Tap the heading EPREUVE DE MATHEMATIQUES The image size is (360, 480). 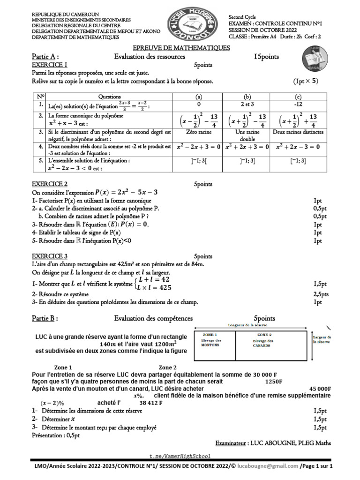(181, 48)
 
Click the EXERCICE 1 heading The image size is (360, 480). (49, 65)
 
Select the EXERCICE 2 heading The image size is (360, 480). (49, 184)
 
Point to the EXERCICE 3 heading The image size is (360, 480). (49, 256)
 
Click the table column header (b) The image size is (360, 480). (247, 96)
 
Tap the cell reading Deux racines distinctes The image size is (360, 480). (298, 132)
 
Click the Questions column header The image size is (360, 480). (109, 96)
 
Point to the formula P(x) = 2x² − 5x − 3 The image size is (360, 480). (126, 192)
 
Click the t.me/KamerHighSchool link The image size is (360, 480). (180, 456)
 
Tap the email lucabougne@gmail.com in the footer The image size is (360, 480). (267, 466)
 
